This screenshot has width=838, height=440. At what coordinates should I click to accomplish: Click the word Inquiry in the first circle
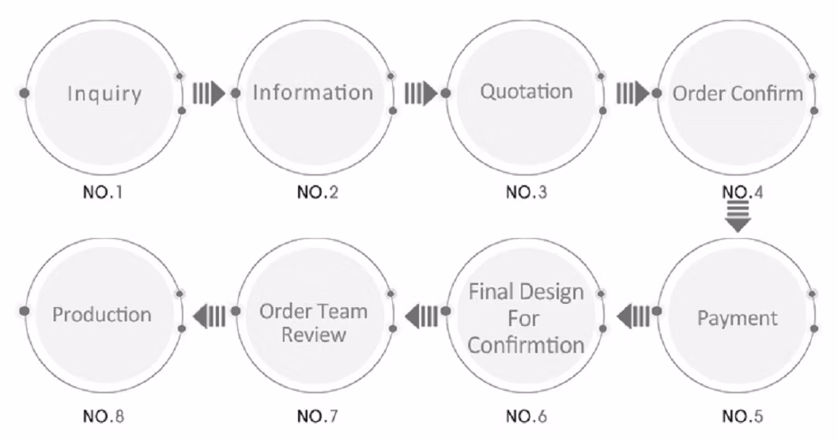coord(104,93)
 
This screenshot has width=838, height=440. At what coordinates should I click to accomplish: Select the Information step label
coord(313,93)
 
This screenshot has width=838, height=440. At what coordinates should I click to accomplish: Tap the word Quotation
coord(527,91)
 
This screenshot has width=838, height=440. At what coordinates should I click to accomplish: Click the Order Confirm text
coord(738,93)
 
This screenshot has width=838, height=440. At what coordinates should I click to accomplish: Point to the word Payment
coord(738,318)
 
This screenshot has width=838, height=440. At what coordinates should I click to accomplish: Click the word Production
coord(102,314)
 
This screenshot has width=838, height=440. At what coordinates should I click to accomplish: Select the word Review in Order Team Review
coord(314,334)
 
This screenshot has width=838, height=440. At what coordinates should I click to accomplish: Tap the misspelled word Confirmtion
coord(527,345)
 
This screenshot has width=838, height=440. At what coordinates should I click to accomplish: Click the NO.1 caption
coord(103,192)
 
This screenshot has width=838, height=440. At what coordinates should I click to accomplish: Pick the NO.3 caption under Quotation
coord(527,192)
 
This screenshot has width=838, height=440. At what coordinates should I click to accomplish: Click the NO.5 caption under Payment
coord(742,415)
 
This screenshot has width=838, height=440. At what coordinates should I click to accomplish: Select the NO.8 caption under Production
coord(103,415)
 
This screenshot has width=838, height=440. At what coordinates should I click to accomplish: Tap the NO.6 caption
coord(527,415)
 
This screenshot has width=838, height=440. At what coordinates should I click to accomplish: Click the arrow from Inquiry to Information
coord(209,93)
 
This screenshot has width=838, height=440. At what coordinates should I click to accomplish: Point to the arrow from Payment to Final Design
coord(632,317)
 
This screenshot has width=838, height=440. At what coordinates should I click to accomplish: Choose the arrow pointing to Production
coord(209,317)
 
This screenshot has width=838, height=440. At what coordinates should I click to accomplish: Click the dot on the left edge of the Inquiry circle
coord(25,93)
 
